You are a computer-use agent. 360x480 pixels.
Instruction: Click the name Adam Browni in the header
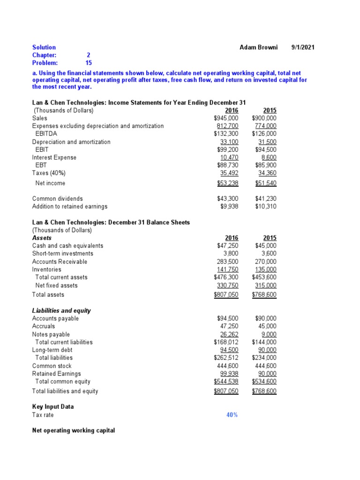258,47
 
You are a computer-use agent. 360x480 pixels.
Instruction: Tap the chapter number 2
89,55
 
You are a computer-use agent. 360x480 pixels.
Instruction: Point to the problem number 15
89,63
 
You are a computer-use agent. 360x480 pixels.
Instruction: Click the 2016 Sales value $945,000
225,118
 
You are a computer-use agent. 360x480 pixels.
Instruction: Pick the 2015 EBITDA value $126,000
264,134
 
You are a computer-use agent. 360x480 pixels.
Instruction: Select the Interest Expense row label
54,157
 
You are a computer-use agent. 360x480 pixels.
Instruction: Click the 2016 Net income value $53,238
226,183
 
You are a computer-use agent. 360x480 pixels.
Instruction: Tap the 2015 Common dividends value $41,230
266,199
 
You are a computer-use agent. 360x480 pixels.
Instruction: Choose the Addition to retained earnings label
69,206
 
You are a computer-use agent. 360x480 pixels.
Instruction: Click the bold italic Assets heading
42,238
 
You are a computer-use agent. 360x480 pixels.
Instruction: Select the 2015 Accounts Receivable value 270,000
266,262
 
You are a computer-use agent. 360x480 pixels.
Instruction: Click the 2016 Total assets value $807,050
226,295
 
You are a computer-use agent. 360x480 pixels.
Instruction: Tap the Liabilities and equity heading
61,310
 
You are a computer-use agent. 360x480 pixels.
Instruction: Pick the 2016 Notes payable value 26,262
229,334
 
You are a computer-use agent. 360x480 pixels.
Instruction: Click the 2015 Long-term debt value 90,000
267,350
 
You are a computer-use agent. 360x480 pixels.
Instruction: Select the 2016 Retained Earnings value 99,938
229,374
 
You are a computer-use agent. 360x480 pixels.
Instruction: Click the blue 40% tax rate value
232,415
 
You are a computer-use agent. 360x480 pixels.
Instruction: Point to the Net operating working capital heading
73,430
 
